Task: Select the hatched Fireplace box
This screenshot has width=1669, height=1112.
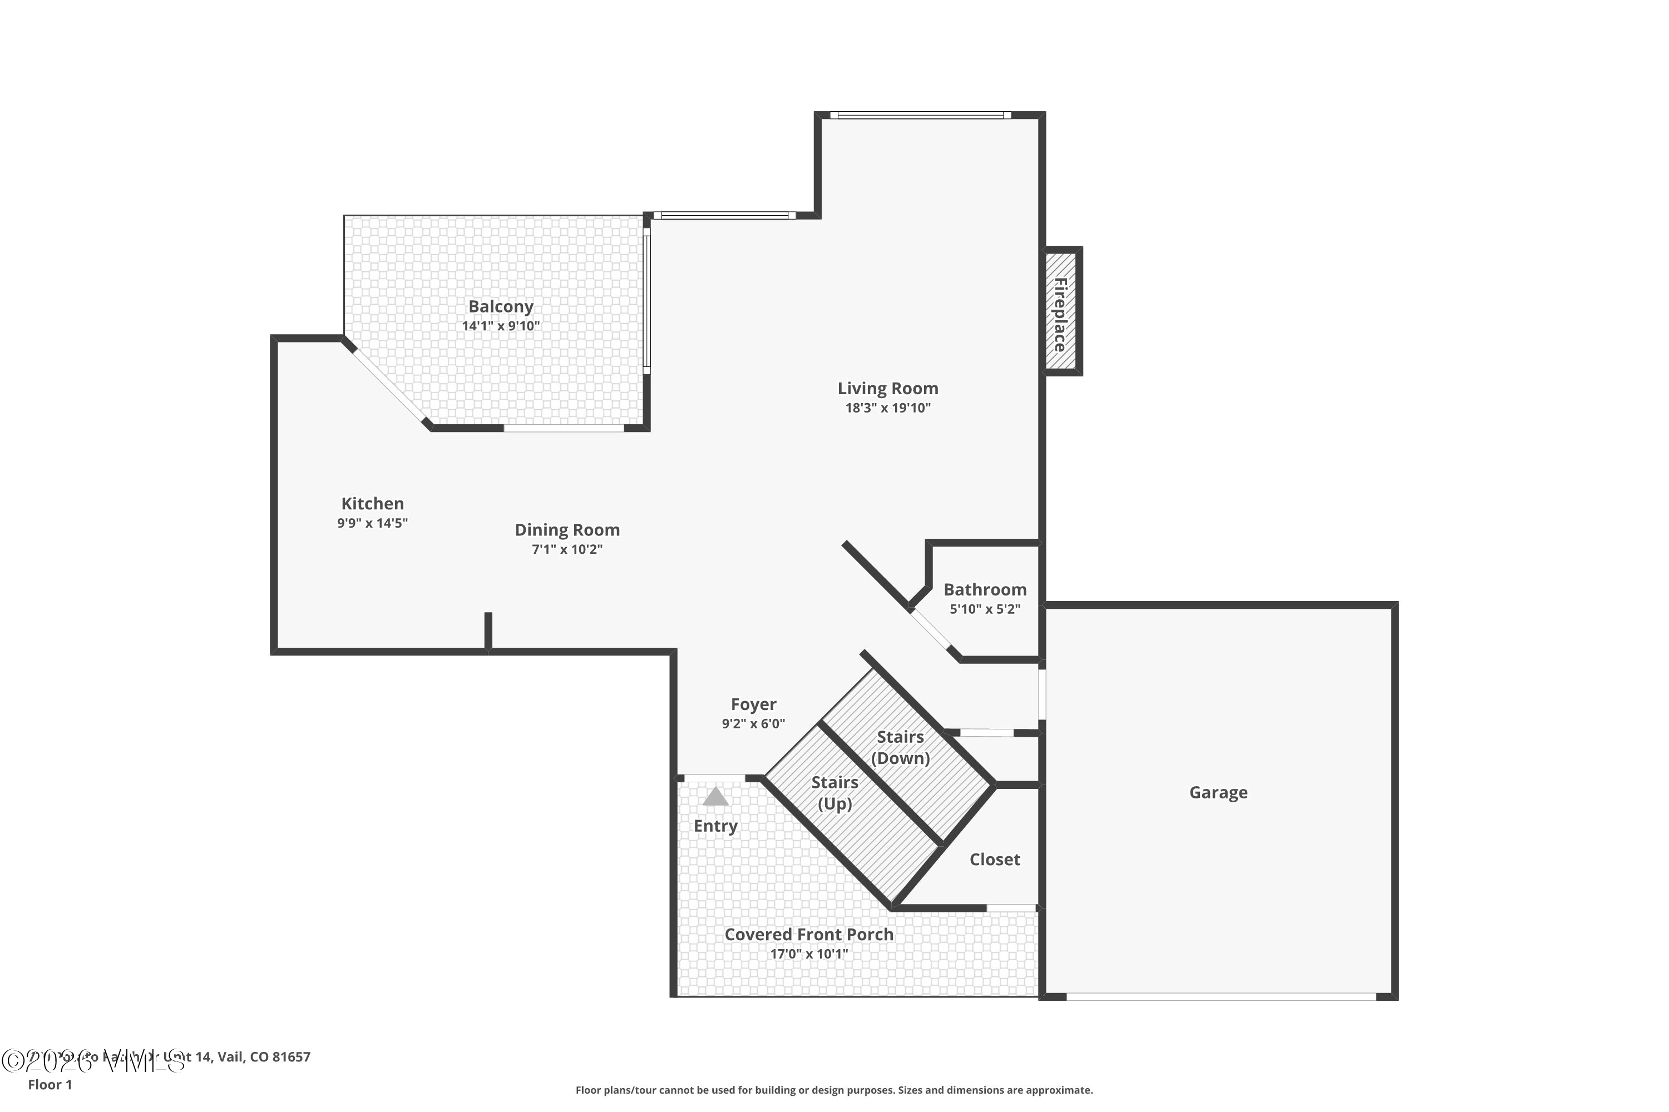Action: tap(1061, 311)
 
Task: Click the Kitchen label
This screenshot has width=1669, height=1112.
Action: tap(373, 504)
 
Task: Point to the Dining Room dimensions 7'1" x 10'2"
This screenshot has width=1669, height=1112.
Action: tap(567, 549)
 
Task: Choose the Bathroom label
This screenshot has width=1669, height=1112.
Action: tap(984, 589)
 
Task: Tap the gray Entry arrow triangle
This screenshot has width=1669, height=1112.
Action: tap(715, 797)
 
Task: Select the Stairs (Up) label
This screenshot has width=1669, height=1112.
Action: tap(834, 793)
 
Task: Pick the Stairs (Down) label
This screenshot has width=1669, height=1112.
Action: tap(900, 747)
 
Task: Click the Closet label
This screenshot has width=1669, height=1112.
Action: tap(994, 860)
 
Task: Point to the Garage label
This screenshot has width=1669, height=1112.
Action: tap(1218, 792)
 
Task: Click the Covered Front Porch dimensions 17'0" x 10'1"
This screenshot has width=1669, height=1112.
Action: tap(808, 954)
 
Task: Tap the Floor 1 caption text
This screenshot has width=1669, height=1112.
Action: tap(50, 1084)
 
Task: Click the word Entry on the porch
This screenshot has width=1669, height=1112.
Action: tap(715, 826)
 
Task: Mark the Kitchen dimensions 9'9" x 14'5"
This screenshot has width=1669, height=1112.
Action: tap(373, 523)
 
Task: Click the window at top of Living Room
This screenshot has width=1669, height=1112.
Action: tap(920, 115)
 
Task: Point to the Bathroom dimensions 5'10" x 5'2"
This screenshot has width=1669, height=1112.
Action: tap(984, 608)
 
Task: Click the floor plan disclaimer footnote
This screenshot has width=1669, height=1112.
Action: tap(834, 1090)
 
